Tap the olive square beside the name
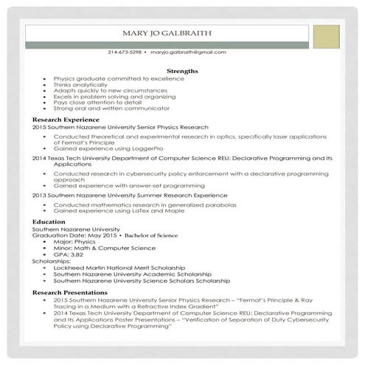point(326,36)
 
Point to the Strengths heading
point(182,71)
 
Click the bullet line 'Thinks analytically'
point(83,83)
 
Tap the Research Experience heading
point(66,119)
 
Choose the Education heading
point(49,221)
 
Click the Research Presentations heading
point(71,292)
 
